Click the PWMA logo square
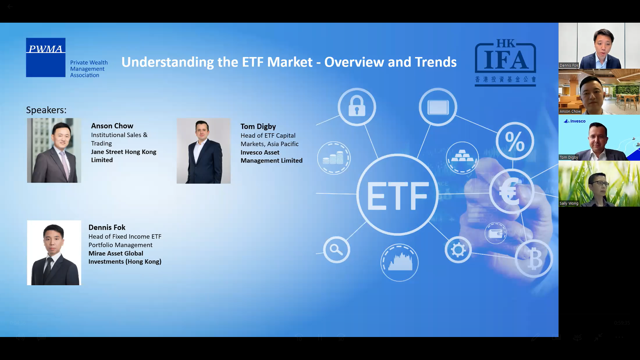[x=46, y=57]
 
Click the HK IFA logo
[x=505, y=62]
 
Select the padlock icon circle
[x=357, y=107]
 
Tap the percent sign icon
[x=515, y=141]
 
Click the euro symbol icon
[x=512, y=191]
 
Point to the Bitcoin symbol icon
[x=534, y=259]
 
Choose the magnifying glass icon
[x=337, y=250]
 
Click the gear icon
[x=458, y=250]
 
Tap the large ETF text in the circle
[x=398, y=196]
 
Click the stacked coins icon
[x=334, y=158]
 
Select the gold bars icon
[x=462, y=158]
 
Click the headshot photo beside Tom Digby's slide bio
[x=204, y=151]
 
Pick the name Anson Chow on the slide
[x=112, y=126]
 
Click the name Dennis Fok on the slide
[x=107, y=227]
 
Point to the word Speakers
[x=46, y=110]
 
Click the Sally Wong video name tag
[x=569, y=203]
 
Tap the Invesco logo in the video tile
[x=575, y=121]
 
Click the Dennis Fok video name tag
[x=569, y=65]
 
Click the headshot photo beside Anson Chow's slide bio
[x=54, y=150]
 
